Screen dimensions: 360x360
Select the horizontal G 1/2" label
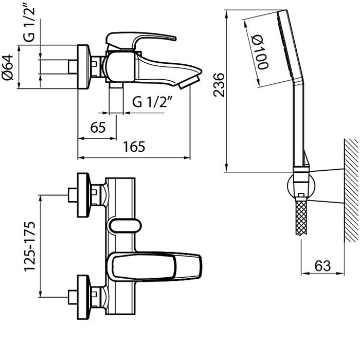click(152, 102)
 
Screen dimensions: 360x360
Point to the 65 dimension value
click(98, 127)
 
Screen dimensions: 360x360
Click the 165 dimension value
click(134, 147)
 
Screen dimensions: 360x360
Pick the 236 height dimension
click(219, 85)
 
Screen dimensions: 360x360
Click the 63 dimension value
click(322, 266)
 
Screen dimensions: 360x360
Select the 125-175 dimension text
click(30, 246)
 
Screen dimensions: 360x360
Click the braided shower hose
click(301, 217)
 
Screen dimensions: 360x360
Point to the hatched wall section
click(351, 190)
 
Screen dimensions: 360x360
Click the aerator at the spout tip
click(189, 83)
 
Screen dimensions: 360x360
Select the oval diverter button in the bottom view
click(124, 225)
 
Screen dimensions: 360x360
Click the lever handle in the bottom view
click(154, 266)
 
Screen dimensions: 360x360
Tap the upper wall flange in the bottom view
click(83, 195)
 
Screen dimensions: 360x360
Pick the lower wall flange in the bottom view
click(83, 297)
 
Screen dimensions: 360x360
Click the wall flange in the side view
click(83, 66)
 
